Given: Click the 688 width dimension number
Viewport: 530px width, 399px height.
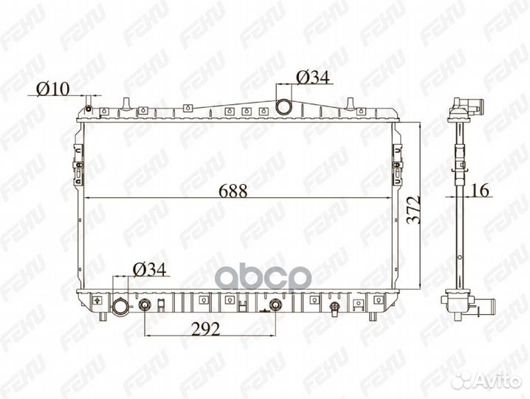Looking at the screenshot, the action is click(233, 191).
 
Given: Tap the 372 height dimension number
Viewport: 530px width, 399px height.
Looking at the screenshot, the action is click(413, 210).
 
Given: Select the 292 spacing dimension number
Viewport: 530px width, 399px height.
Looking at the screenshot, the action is click(205, 330).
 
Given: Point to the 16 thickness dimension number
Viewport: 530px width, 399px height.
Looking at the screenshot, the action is click(480, 191).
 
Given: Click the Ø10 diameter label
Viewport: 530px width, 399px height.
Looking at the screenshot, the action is click(52, 89).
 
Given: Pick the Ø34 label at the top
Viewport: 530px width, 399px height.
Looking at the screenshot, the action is click(313, 78).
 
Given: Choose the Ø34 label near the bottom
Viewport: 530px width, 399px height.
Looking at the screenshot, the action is click(149, 270).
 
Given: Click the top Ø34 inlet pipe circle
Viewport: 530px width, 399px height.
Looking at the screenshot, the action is click(283, 107).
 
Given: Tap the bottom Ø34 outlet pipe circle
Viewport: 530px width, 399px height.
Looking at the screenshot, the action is click(120, 307).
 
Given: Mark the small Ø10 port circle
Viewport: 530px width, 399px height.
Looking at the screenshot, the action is click(89, 109).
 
